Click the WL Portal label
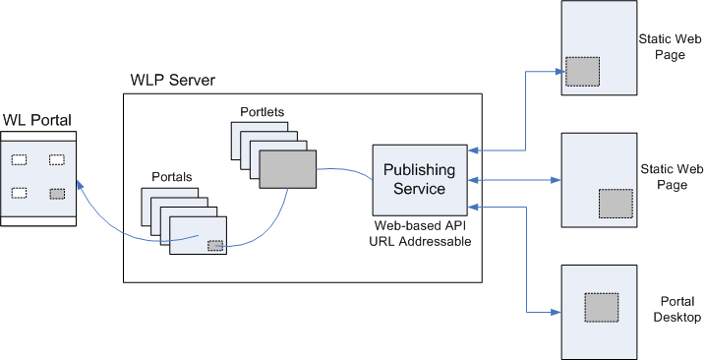click(x=36, y=120)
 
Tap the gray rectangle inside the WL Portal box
click(x=57, y=194)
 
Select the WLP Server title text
click(x=172, y=79)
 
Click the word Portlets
click(x=263, y=112)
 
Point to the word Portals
click(x=172, y=177)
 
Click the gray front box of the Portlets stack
click(x=288, y=168)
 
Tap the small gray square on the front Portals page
click(x=214, y=245)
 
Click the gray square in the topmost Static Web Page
click(x=582, y=71)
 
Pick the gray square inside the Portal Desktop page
click(x=601, y=308)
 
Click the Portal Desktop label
click(x=676, y=310)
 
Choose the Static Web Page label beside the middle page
click(x=670, y=178)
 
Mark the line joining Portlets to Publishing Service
click(x=344, y=172)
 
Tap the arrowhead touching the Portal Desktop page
click(x=555, y=313)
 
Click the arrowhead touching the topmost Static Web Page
click(x=555, y=71)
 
